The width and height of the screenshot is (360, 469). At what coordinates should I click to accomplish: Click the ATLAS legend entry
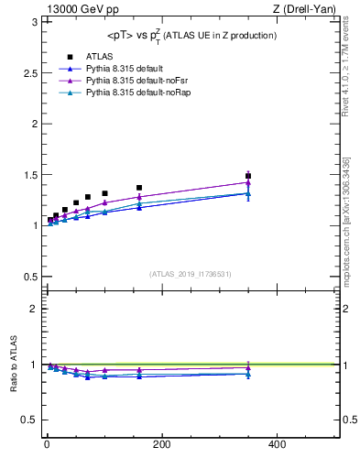point(99,57)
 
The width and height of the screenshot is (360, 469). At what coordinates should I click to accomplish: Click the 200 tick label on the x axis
point(162,444)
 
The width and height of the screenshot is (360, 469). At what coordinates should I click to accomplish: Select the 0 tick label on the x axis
point(47,444)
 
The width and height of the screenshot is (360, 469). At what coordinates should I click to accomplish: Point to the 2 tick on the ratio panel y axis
point(32,309)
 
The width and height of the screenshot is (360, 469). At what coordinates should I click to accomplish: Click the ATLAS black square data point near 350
point(248,176)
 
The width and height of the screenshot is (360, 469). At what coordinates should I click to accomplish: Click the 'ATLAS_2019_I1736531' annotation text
point(191,273)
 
